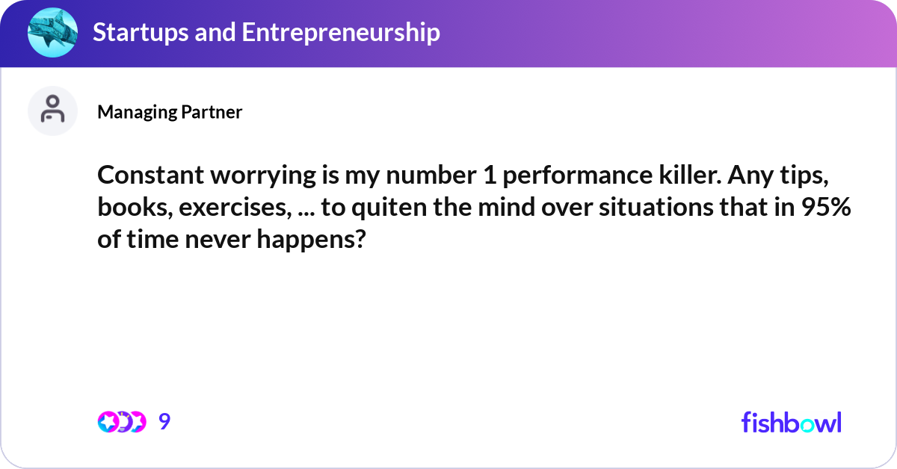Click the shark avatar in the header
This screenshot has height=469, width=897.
[52, 33]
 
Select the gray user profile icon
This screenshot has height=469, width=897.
[52, 111]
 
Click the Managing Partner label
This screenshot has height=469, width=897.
[170, 112]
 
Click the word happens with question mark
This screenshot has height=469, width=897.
[323, 240]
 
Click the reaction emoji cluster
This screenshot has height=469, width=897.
[122, 422]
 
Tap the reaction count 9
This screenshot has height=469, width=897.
[164, 422]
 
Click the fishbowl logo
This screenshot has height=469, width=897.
[791, 422]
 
